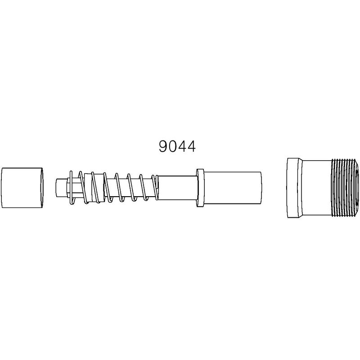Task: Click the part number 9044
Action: [x=177, y=147]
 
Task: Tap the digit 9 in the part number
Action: [x=163, y=147]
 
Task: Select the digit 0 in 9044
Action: [x=172, y=147]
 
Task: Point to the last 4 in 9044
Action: [x=191, y=147]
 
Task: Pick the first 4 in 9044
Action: [x=182, y=147]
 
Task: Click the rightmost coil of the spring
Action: [x=155, y=187]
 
